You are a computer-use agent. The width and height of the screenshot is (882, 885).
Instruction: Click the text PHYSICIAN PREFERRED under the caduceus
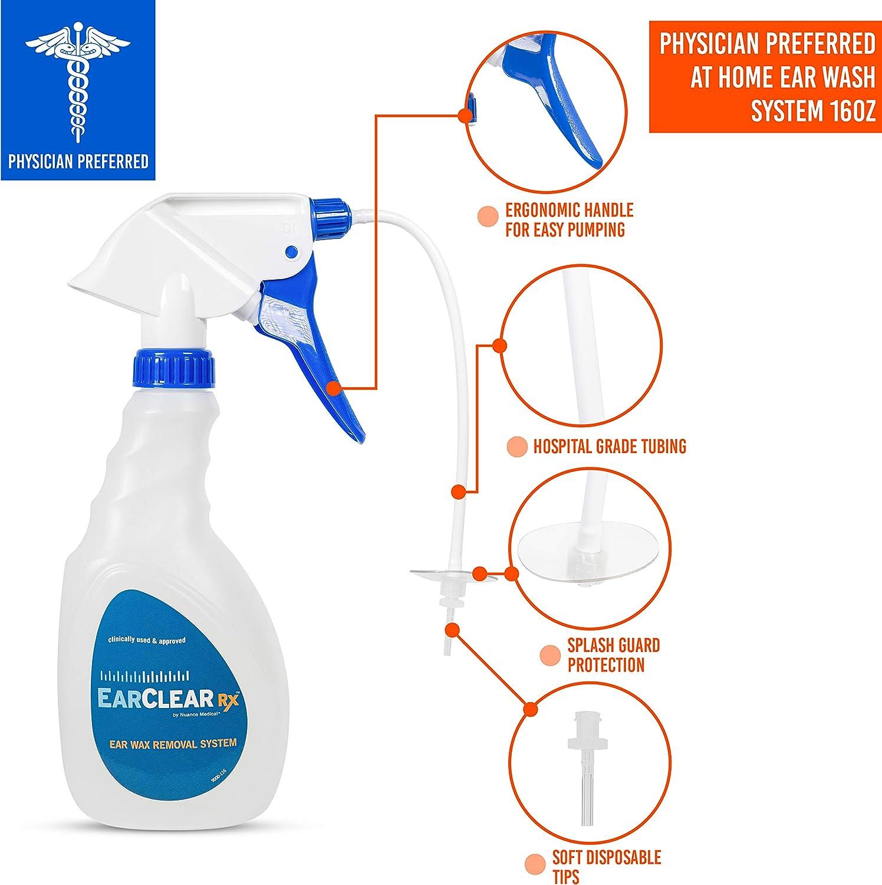click(x=78, y=160)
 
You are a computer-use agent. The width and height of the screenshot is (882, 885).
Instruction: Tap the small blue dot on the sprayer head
click(x=291, y=252)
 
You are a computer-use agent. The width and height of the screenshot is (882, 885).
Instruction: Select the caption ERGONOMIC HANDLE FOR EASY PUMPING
click(x=568, y=219)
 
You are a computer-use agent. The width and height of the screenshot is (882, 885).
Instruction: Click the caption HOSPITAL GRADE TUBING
click(x=609, y=446)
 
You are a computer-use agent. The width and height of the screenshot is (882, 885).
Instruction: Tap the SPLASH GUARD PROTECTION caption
click(x=605, y=655)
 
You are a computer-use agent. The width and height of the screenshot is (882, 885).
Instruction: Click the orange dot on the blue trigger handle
click(x=333, y=388)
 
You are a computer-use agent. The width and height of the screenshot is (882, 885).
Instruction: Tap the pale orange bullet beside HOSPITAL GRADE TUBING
click(x=516, y=447)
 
